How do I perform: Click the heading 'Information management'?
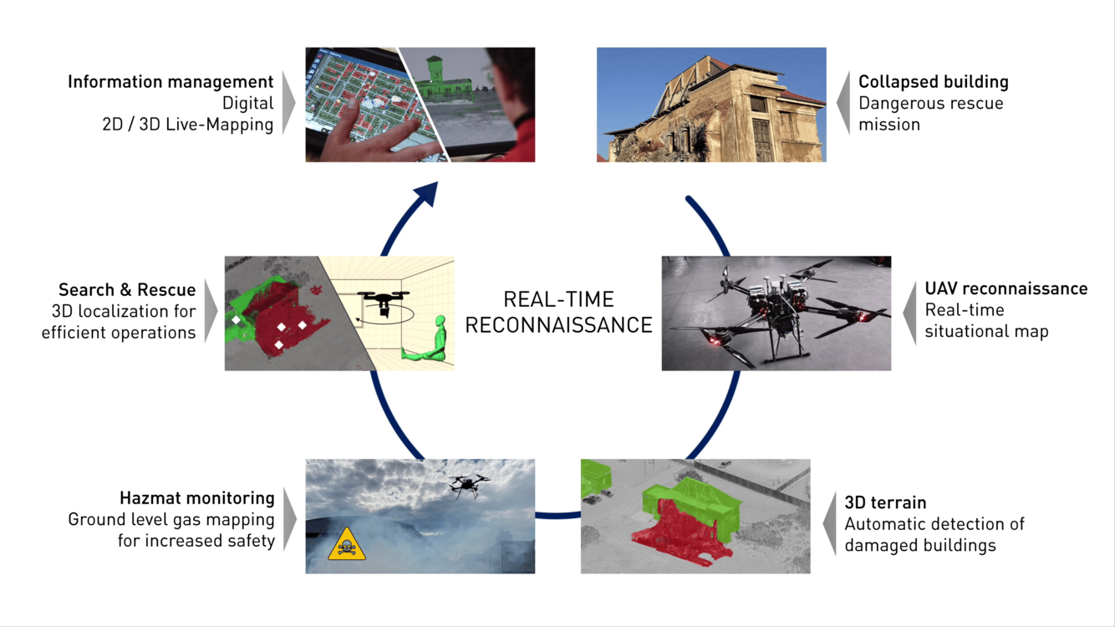coord(171,82)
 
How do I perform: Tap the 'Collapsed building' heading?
coord(934,82)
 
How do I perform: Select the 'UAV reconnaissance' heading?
coord(1006,289)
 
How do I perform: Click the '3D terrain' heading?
coord(885,502)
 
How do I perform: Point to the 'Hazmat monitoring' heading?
coord(197,498)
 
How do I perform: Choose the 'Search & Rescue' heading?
coord(127,290)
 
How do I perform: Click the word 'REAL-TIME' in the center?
coord(558,300)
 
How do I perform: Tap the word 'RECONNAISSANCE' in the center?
coord(558,326)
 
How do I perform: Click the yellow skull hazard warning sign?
coord(347,544)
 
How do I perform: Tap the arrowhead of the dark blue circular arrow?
coord(427,193)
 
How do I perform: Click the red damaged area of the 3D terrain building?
coord(677,535)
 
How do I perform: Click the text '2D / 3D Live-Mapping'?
coord(188,125)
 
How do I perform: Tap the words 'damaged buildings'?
coord(920,546)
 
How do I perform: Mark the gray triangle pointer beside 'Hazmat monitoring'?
coord(290,519)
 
